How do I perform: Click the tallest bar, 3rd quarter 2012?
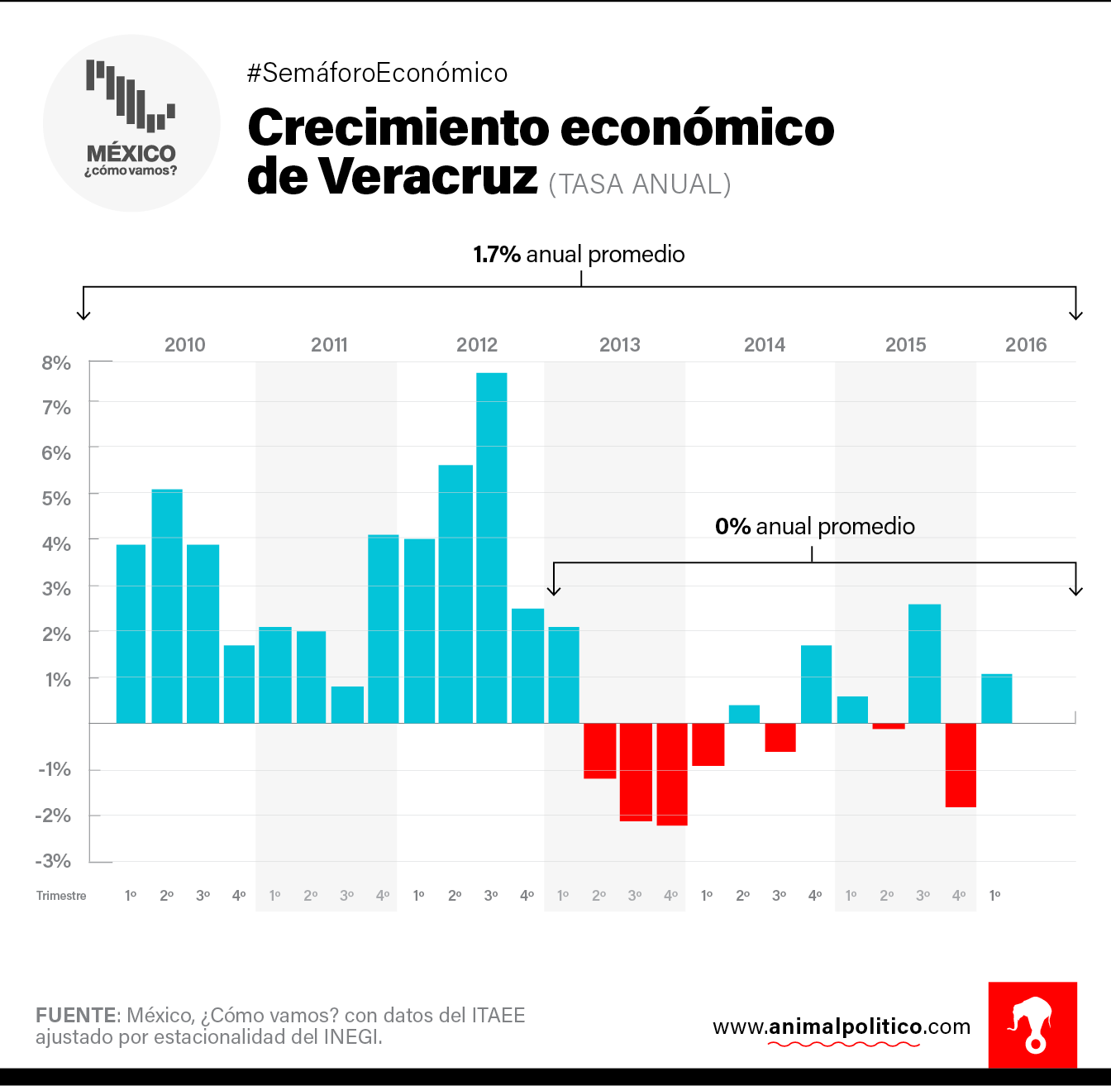pos(492,548)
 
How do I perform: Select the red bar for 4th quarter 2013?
pos(672,774)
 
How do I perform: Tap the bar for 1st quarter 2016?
pos(996,699)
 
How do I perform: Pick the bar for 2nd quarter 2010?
pos(167,606)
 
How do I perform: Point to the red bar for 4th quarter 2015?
pos(961,765)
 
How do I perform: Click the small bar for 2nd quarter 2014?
pos(744,714)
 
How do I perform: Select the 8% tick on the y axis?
pos(56,363)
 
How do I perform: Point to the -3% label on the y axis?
pos(53,861)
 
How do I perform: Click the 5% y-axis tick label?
pos(56,499)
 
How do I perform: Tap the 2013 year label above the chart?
pos(620,345)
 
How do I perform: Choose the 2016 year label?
pos(1026,345)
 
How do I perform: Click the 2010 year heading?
pos(185,345)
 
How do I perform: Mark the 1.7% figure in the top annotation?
pos(496,254)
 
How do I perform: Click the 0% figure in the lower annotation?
pos(732,527)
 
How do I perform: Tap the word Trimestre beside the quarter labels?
pos(61,896)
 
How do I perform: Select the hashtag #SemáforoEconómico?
pos(377,74)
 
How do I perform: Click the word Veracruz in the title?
pos(428,176)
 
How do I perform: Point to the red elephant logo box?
pos(1032,1025)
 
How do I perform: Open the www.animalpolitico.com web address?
pos(842,1027)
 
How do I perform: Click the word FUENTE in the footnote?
pos(76,1015)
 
